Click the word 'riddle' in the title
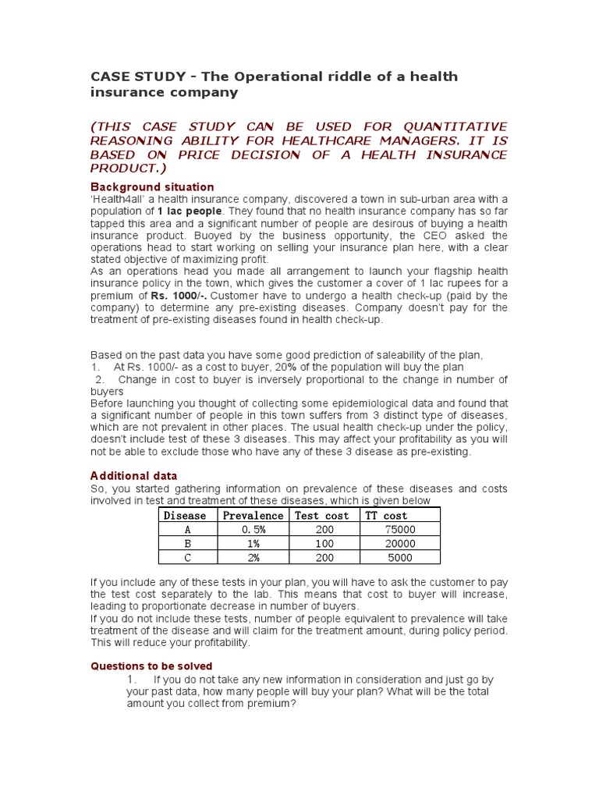(321, 76)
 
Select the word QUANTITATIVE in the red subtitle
(445, 126)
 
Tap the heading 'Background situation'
(152, 187)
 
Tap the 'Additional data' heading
(133, 475)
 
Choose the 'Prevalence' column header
(253, 515)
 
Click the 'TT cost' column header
(387, 515)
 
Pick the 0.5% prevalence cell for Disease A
(253, 529)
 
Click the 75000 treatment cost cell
(400, 529)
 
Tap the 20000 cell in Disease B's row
(400, 543)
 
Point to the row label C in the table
(186, 557)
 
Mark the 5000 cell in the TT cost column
(400, 557)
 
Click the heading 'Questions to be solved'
(151, 666)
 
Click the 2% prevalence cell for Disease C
(253, 557)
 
